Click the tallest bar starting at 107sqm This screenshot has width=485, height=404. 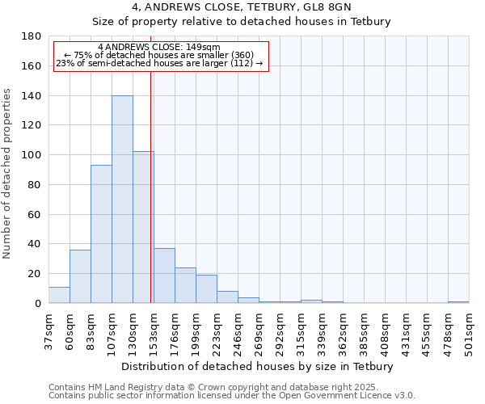pos(122,200)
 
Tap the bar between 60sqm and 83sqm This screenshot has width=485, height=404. pos(80,276)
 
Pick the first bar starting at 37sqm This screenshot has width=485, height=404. pos(59,295)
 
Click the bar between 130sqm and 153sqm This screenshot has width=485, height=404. pos(143,227)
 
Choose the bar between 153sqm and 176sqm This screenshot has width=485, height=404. pos(164,276)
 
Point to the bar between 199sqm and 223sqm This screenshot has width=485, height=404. pos(206,289)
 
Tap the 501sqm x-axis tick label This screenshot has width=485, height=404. pos(469,330)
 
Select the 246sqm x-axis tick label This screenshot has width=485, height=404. pos(238,330)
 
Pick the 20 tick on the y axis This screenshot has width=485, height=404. pos(36,274)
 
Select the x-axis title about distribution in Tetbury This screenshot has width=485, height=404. pos(257,367)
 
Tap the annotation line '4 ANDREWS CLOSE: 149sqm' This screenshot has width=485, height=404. pos(158,48)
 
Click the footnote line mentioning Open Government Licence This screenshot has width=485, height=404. pos(232,396)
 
